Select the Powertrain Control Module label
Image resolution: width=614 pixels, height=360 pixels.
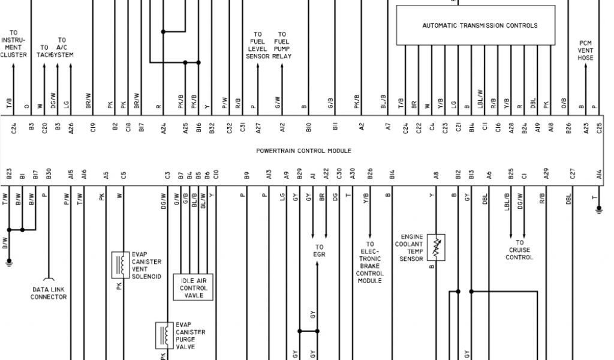coord(303,151)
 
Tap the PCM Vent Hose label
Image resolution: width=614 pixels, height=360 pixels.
coord(585,50)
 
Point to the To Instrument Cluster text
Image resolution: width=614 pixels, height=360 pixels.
coord(14,43)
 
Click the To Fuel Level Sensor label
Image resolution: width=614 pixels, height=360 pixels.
coord(258,45)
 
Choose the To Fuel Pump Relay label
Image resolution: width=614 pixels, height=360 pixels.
coord(282,45)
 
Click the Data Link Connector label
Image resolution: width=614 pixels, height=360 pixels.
coord(49,293)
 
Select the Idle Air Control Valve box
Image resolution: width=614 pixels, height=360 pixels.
coord(194,287)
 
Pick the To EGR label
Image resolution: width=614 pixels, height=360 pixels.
coord(319,250)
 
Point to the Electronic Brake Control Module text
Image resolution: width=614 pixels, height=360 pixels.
coord(370,262)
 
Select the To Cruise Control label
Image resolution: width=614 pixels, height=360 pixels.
coord(519,250)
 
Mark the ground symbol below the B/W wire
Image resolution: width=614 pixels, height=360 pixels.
coord(8,260)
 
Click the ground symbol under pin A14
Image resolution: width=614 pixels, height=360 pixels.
coord(598,209)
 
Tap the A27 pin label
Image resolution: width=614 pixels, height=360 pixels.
coord(258,128)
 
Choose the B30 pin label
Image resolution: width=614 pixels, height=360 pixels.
coord(49,174)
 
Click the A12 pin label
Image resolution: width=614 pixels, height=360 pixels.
coord(282,128)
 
